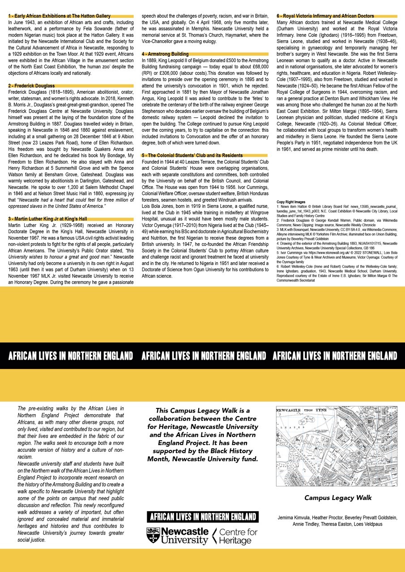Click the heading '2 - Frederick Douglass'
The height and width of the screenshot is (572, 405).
pos(31,85)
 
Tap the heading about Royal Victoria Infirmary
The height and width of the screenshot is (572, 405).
pos(325,16)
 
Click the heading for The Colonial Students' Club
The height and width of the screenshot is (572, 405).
pos(192,156)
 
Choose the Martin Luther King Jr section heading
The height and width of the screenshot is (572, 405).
pos(47,219)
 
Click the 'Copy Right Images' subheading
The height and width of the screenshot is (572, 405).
pos(291,202)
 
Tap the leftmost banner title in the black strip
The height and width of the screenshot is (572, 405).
pos(71,356)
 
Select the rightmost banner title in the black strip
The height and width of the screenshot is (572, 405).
pos(334,356)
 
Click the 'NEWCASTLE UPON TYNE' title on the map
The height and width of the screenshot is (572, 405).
pos(302,410)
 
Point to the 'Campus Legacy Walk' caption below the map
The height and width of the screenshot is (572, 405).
pos(338,498)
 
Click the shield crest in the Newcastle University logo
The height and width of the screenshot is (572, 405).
pos(153,535)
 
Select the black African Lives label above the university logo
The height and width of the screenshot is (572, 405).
pos(203,517)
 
